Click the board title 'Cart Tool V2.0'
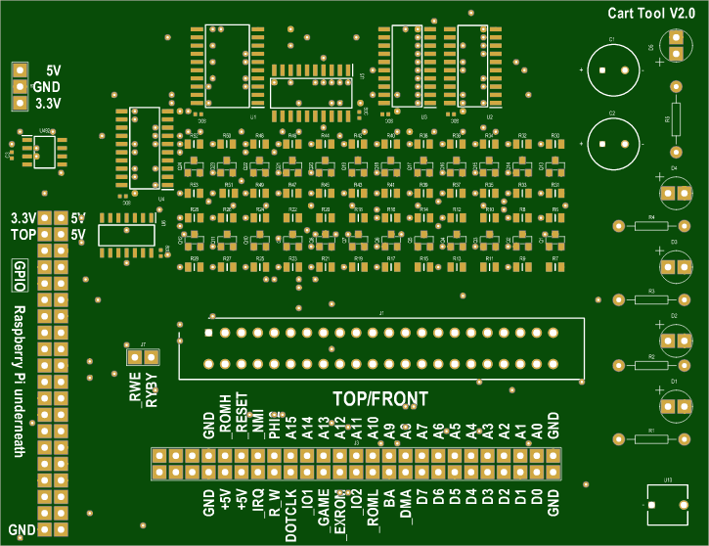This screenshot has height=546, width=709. coord(650,13)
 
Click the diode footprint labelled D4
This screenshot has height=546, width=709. coord(674,192)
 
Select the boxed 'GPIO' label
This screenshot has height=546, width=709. coord(19,278)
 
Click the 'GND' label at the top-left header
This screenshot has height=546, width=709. coord(47,86)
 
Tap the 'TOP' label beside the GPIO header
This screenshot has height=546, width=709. coord(22,236)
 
